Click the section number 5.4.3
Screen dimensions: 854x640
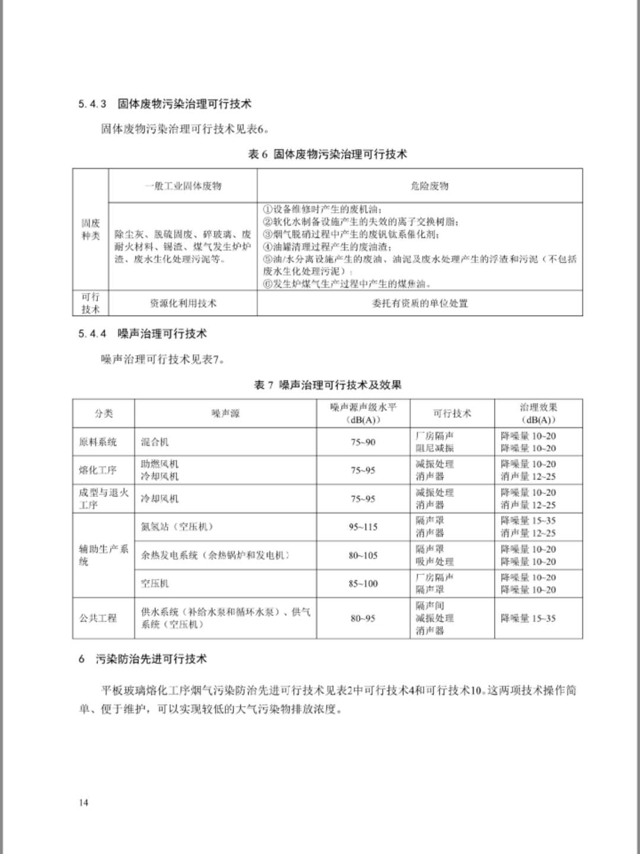(92, 104)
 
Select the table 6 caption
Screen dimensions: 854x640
(327, 155)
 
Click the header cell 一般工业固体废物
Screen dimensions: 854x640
(183, 186)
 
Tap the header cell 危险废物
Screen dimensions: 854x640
(430, 186)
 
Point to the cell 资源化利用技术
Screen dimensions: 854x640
(183, 303)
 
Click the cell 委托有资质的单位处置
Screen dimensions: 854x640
(420, 303)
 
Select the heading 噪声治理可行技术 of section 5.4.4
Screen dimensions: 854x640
(162, 334)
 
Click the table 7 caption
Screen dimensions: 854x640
(327, 385)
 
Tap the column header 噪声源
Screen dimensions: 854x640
(225, 413)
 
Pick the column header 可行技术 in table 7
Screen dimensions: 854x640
(452, 413)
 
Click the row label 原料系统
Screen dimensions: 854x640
(98, 442)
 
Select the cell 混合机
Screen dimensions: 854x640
(155, 442)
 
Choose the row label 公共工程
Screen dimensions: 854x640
(98, 618)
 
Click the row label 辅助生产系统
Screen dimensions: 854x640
(103, 555)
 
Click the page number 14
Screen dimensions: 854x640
(83, 802)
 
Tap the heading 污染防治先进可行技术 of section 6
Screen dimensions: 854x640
(151, 659)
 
